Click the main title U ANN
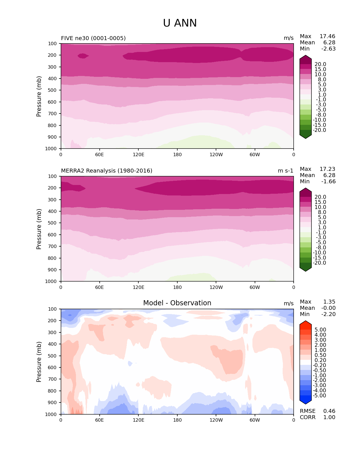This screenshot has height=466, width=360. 180,23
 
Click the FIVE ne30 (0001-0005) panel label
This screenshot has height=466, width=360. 93,38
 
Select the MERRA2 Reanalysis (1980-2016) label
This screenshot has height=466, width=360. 106,171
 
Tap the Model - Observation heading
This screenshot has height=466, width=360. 177,303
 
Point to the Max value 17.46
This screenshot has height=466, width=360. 327,36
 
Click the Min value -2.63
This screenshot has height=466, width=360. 328,49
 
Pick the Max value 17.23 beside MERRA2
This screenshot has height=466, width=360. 327,169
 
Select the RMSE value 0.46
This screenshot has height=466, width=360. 329,411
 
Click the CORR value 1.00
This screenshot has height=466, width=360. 329,417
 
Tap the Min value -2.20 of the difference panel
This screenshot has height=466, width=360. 328,314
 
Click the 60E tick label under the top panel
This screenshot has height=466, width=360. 99,154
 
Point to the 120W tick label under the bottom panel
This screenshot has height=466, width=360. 216,420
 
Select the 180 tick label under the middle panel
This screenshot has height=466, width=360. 177,287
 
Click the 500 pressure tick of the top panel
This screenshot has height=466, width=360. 53,90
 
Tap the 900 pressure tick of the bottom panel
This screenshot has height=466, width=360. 53,403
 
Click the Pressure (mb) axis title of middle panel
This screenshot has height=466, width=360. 39,229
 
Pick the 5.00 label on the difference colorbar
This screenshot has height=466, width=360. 320,330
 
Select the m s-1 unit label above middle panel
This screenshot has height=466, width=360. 285,171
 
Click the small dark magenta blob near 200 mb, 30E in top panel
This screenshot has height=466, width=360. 83,56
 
